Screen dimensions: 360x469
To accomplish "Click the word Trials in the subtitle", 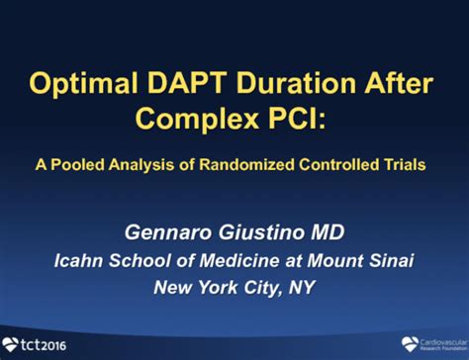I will pyautogui.click(x=408, y=165).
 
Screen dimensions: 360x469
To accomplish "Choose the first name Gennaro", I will pyautogui.click(x=168, y=232).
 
